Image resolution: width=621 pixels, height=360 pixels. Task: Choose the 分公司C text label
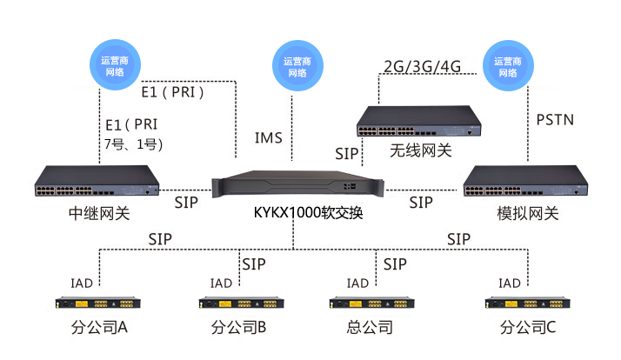click(x=527, y=328)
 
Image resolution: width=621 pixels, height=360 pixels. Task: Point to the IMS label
click(x=268, y=138)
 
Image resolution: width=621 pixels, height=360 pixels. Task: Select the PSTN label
click(x=555, y=119)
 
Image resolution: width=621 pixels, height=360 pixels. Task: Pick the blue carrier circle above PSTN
click(x=509, y=66)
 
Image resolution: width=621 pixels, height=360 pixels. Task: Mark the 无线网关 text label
click(x=420, y=150)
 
